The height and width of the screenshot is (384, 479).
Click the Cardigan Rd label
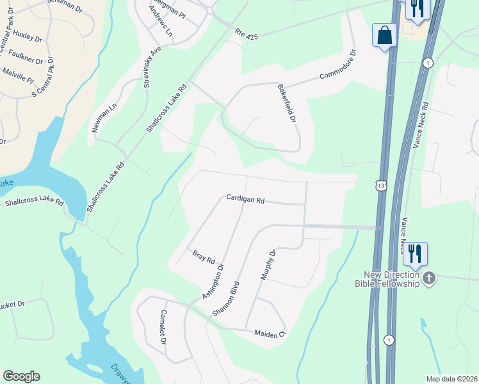pyautogui.click(x=245, y=199)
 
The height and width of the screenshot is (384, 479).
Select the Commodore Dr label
pyautogui.click(x=338, y=66)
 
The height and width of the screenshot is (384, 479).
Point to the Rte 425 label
pyautogui.click(x=246, y=34)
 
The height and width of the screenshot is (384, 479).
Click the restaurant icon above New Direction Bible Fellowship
pyautogui.click(x=414, y=254)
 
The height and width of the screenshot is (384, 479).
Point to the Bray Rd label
pyautogui.click(x=203, y=257)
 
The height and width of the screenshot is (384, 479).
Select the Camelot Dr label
pyautogui.click(x=163, y=328)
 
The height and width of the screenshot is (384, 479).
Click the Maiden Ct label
pyautogui.click(x=269, y=333)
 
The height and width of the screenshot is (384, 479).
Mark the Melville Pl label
pyautogui.click(x=18, y=74)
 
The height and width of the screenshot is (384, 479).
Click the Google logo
pyautogui.click(x=21, y=376)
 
